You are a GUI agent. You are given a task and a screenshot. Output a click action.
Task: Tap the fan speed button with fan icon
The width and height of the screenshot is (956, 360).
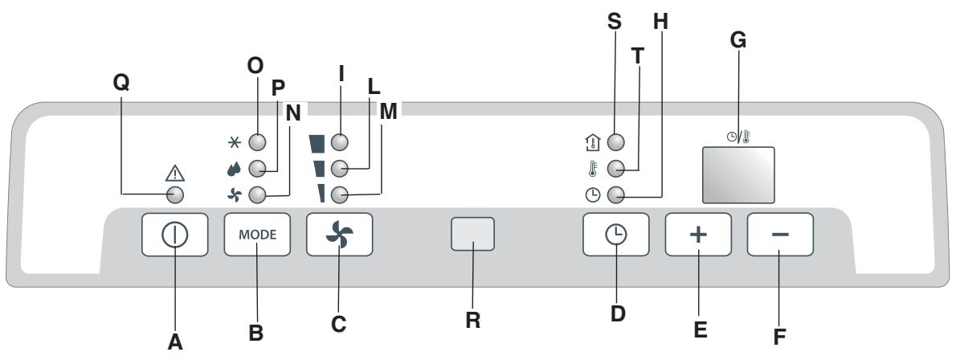339,235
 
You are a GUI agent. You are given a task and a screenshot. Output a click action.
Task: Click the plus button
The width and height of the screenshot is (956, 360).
697,235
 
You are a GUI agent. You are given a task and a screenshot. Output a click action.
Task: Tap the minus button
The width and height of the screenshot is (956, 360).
780,235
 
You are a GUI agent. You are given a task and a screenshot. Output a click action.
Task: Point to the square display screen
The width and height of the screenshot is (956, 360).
738,174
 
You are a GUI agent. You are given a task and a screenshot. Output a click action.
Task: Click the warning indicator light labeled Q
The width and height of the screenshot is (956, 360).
175,196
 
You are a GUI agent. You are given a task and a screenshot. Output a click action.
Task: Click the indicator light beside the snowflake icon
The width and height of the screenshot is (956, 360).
256,142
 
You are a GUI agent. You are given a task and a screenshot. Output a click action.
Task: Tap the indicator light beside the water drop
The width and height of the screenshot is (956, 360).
256,169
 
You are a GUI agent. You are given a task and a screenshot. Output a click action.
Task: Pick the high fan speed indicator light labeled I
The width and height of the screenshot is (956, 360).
340,142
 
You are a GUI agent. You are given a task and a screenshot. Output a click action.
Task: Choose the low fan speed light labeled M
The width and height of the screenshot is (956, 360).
340,194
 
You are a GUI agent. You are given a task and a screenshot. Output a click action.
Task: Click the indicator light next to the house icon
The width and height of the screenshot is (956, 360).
615,142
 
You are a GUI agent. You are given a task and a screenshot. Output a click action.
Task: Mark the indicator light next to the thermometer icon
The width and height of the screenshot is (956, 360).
615,169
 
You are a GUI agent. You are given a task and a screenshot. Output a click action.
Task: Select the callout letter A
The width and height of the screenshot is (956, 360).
175,342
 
